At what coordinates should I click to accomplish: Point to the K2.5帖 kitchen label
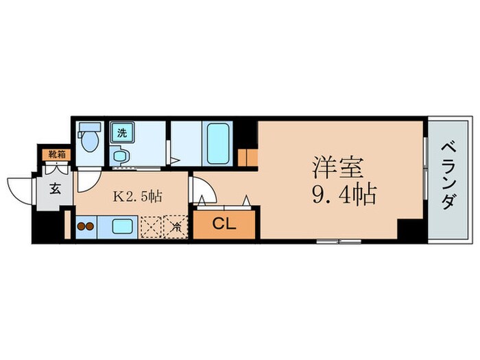(x=138, y=196)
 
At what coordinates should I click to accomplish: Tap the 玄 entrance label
(x=54, y=190)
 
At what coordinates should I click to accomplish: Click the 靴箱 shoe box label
(x=56, y=155)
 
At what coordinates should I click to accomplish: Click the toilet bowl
(x=88, y=143)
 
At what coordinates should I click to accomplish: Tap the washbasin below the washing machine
(x=120, y=156)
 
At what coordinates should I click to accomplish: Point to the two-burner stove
(x=85, y=226)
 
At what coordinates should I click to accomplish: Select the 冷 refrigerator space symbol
(x=176, y=226)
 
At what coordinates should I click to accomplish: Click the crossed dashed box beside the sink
(x=150, y=226)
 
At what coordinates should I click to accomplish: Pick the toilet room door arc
(x=86, y=180)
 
